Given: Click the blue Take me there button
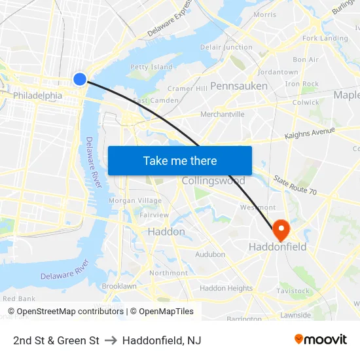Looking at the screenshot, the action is [x=180, y=160].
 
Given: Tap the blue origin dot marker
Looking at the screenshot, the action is [x=80, y=79].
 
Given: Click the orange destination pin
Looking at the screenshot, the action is [x=281, y=230].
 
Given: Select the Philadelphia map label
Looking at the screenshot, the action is [x=38, y=96].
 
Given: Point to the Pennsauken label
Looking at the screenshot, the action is [x=239, y=86].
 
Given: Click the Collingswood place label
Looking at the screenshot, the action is [x=213, y=181].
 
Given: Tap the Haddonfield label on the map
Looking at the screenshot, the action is [x=278, y=247].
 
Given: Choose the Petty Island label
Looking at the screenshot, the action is [x=151, y=67].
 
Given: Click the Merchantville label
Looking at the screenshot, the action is [x=223, y=114].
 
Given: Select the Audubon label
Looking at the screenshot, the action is [x=210, y=254].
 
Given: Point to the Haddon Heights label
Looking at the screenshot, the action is [x=226, y=288].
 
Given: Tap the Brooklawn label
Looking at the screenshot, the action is [x=119, y=286].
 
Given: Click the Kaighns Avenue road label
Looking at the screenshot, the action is [x=309, y=134].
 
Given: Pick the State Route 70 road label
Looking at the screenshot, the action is [x=295, y=185].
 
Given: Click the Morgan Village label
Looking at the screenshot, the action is [x=135, y=200].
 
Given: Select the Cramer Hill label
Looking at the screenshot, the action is [x=187, y=88].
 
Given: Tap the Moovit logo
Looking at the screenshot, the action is [x=320, y=340].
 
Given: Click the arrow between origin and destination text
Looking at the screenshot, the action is [x=111, y=340].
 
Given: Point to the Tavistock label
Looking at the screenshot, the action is [x=293, y=291].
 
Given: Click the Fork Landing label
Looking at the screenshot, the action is [x=325, y=39].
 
